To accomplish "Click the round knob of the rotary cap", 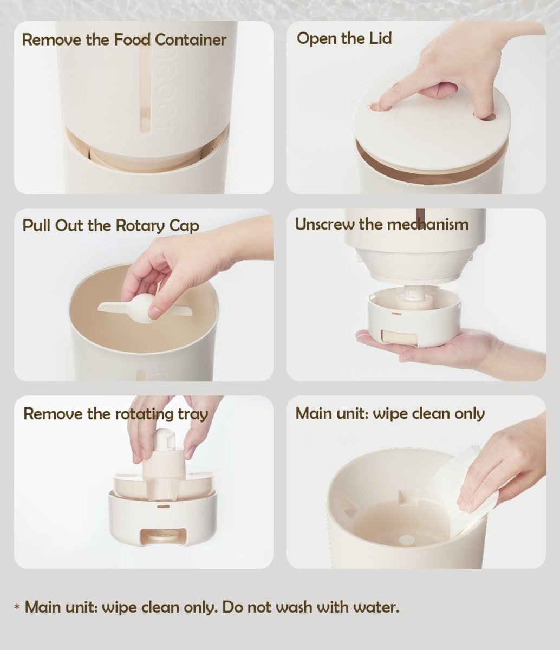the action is [x=143, y=307].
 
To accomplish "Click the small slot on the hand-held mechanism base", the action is [x=398, y=314].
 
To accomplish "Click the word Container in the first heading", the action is [x=191, y=40].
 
